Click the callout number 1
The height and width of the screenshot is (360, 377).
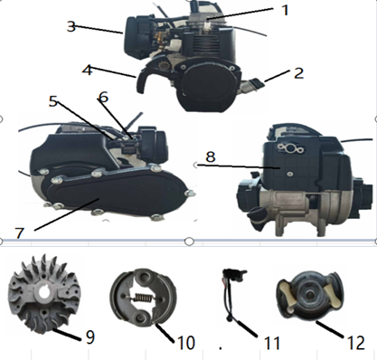(x=285, y=10)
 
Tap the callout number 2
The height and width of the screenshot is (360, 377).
(x=298, y=73)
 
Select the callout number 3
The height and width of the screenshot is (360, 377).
(x=71, y=26)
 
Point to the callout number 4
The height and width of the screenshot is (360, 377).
(x=87, y=71)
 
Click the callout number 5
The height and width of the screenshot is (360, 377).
(x=53, y=101)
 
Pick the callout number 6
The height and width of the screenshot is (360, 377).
(x=103, y=97)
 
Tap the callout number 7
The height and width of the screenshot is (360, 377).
(x=20, y=233)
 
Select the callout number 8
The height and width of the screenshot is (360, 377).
(x=211, y=156)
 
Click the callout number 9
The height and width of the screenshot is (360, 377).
(x=90, y=336)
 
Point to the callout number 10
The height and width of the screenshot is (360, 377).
(x=186, y=343)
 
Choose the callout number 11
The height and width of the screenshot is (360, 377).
(x=272, y=343)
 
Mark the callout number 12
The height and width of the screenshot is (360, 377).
(x=356, y=343)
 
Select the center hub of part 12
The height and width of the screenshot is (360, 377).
(x=306, y=294)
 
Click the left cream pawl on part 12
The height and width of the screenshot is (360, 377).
(x=285, y=290)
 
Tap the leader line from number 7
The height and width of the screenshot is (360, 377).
(x=67, y=214)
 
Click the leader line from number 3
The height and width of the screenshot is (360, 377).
(x=99, y=29)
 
